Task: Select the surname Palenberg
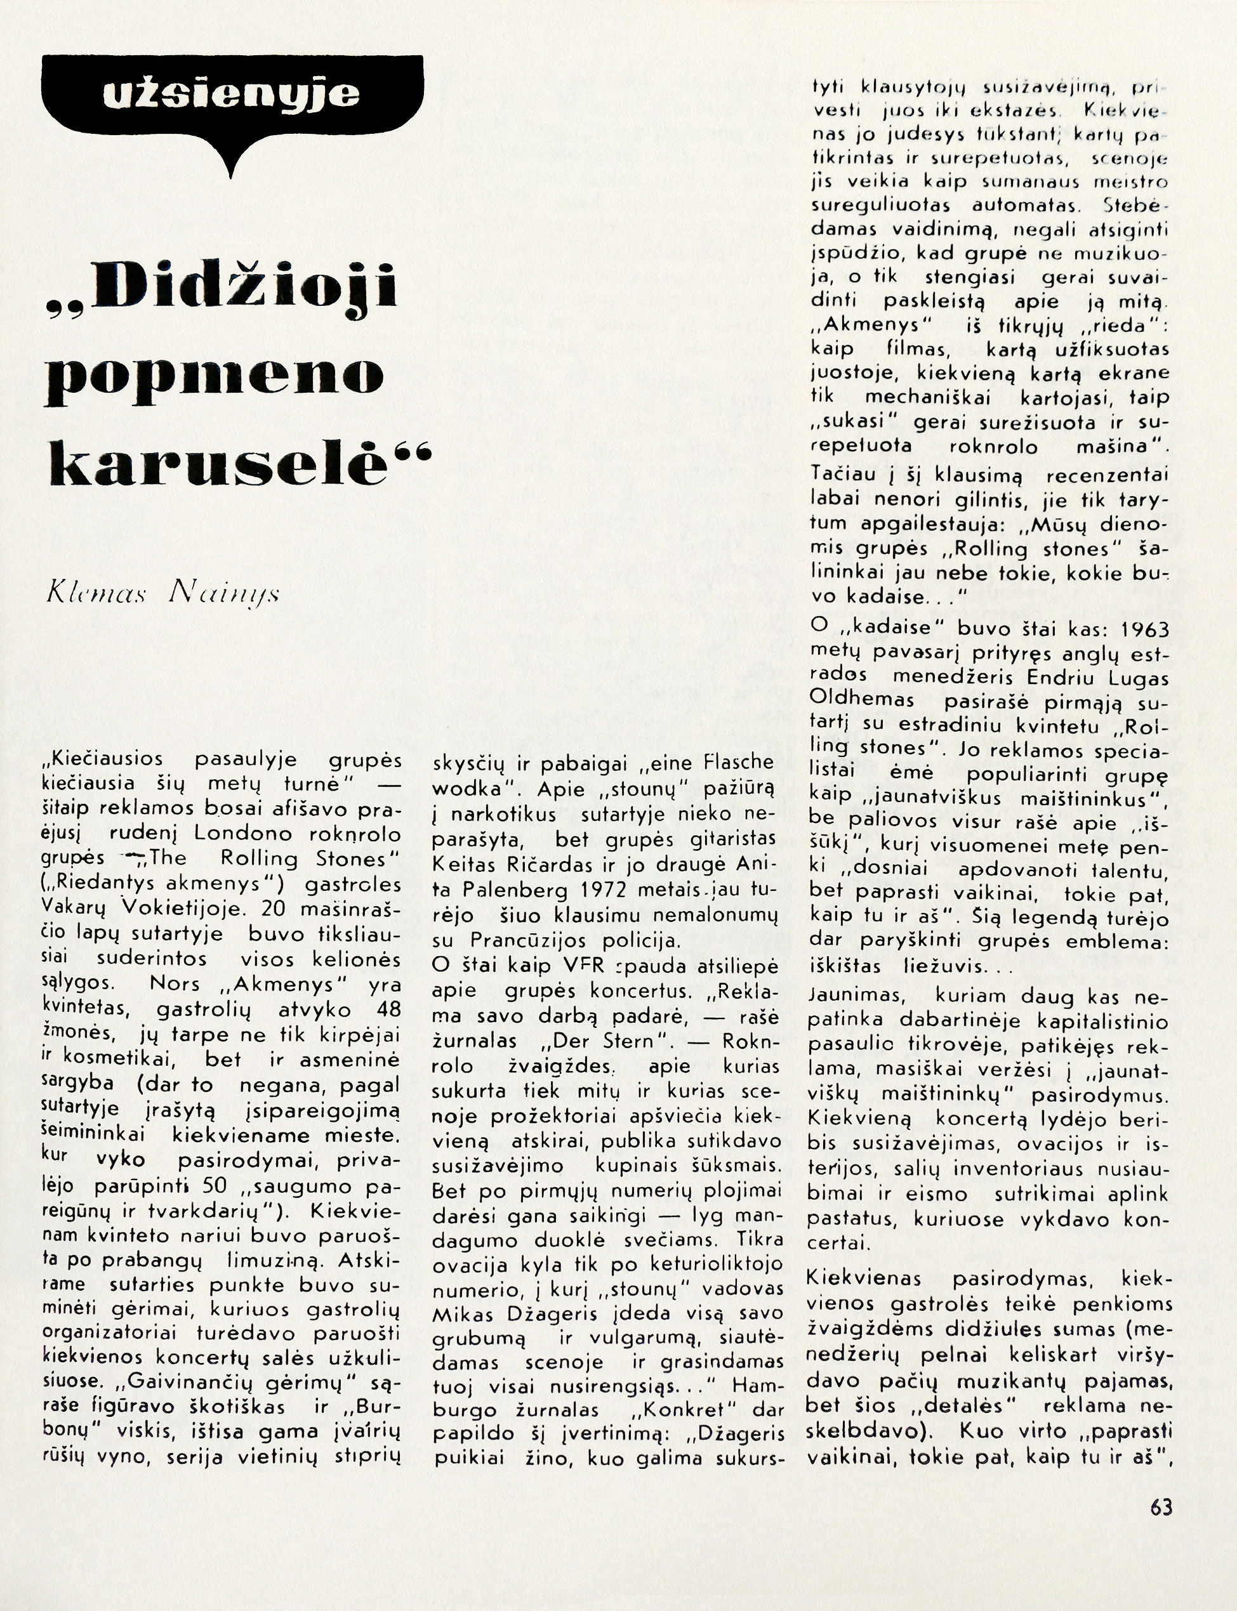pyautogui.click(x=508, y=890)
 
